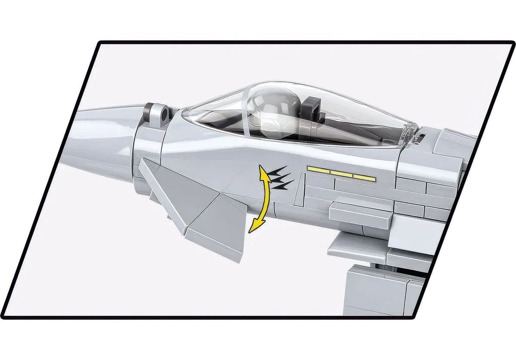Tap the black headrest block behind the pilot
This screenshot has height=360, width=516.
click(x=313, y=109)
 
